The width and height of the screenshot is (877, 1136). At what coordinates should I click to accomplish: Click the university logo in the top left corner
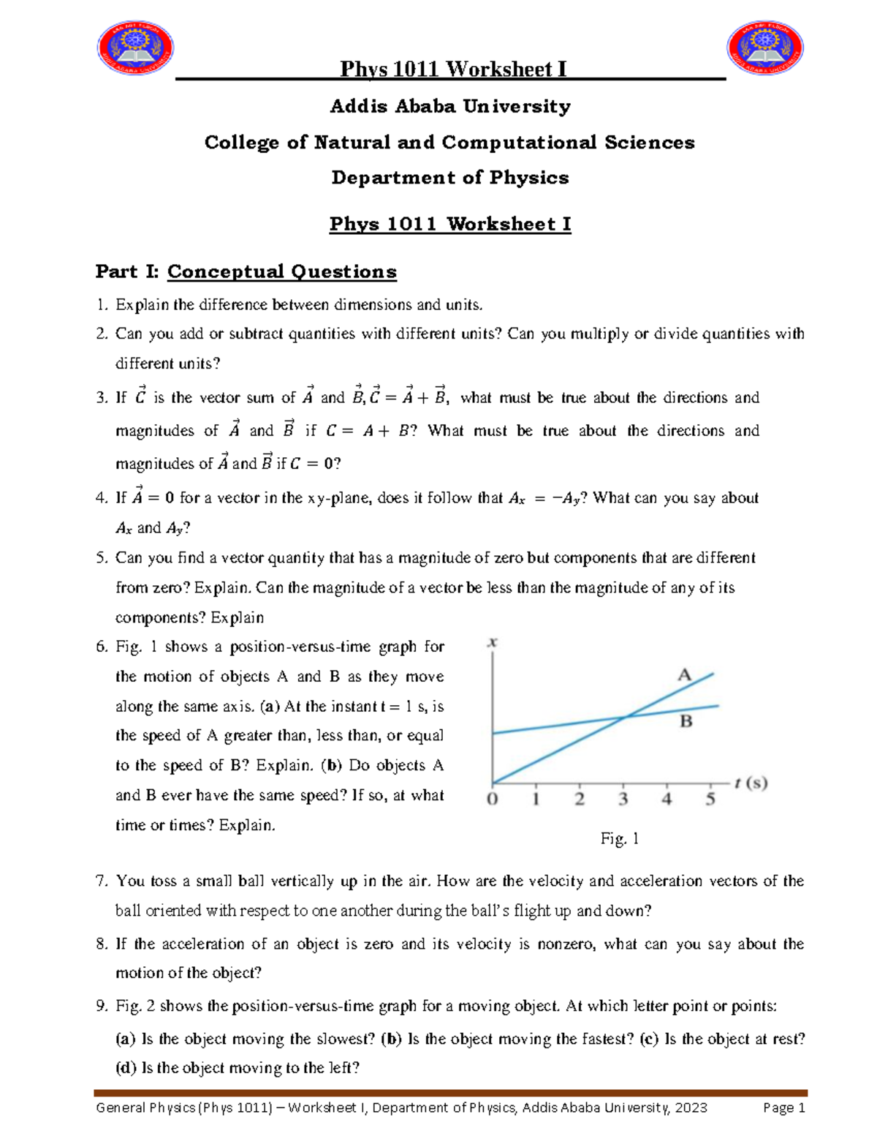135,48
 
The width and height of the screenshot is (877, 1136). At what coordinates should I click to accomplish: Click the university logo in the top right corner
765,48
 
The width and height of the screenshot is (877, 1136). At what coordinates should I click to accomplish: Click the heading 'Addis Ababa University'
449,107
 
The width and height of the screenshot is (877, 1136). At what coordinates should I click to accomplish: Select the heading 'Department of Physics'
449,178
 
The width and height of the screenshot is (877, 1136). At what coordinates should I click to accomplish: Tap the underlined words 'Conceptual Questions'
281,272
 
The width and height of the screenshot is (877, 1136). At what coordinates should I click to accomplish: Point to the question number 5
102,558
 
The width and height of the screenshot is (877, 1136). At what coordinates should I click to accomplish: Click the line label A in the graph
684,674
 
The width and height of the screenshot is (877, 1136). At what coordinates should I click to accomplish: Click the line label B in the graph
686,721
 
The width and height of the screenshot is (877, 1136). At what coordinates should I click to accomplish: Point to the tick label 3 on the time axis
623,800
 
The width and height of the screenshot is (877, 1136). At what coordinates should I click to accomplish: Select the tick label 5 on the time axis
710,800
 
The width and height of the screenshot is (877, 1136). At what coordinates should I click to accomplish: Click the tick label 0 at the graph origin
493,800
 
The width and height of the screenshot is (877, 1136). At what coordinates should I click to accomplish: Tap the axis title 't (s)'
751,783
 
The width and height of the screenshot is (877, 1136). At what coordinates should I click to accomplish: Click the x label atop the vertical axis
493,642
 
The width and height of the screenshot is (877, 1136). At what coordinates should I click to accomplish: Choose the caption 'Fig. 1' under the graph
619,839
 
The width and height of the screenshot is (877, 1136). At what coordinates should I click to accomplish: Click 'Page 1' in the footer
783,1107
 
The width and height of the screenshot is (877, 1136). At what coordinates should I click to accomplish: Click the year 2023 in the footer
691,1107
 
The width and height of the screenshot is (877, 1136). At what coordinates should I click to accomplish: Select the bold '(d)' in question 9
126,1068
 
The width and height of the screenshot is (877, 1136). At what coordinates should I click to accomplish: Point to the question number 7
102,881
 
